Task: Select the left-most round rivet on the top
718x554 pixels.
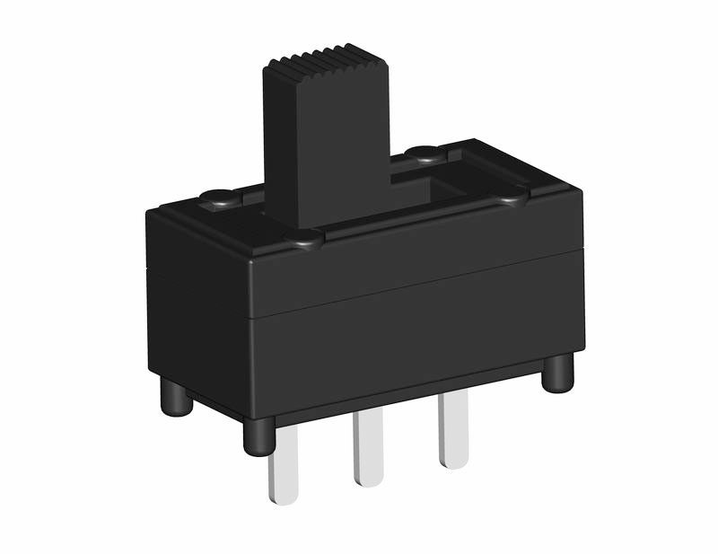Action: pyautogui.click(x=216, y=197)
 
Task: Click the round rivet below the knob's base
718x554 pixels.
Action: pyautogui.click(x=303, y=239)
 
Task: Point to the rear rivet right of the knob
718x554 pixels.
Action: pyautogui.click(x=422, y=154)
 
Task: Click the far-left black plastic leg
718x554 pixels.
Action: pyautogui.click(x=176, y=397)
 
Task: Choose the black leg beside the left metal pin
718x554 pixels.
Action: pyautogui.click(x=258, y=436)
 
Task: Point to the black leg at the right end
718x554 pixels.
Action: pyautogui.click(x=557, y=372)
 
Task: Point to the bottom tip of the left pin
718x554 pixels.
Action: pyautogui.click(x=284, y=498)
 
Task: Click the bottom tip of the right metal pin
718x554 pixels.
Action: pyautogui.click(x=454, y=462)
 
